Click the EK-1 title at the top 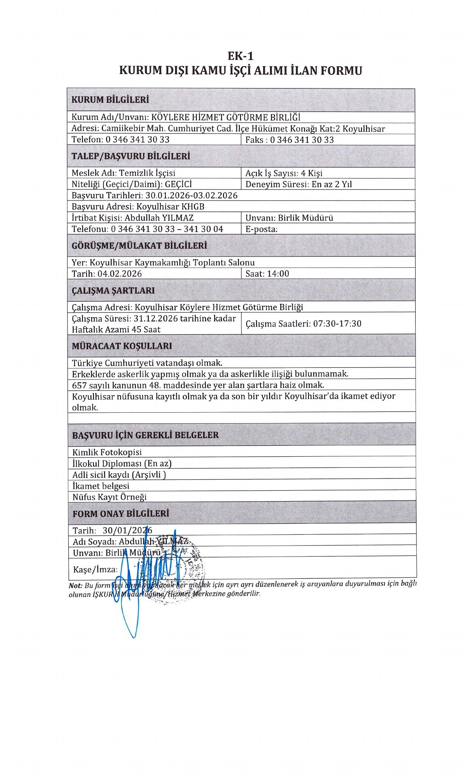tap(240, 56)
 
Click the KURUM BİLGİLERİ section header tap(110, 100)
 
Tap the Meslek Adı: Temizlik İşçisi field tap(123, 173)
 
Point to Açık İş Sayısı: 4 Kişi tap(284, 173)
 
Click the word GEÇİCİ tap(178, 184)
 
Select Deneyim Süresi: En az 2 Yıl tap(298, 184)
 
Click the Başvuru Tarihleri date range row tap(154, 196)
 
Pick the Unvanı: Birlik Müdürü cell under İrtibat tap(289, 218)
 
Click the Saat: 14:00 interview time tap(267, 274)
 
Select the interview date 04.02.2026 tap(120, 274)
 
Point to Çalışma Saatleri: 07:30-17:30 tap(303, 324)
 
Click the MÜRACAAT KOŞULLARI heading tap(122, 346)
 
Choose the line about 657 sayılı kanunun tap(198, 385)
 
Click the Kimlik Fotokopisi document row tap(107, 452)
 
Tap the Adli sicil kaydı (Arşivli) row tap(119, 475)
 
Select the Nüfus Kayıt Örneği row tap(109, 497)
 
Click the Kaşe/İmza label tap(95, 569)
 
